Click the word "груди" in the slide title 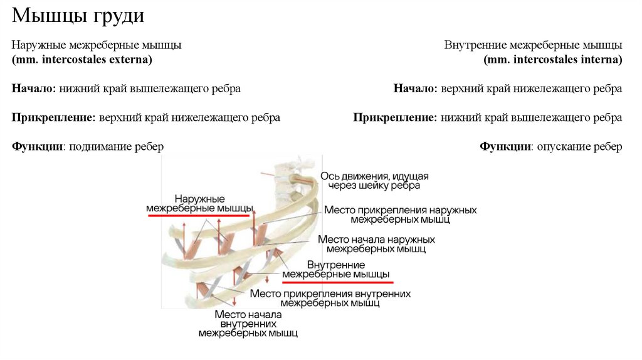[x=120, y=16]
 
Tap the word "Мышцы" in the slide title [x=51, y=16]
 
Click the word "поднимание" [x=99, y=147]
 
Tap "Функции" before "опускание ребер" [x=506, y=147]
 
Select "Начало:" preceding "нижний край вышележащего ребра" [x=34, y=89]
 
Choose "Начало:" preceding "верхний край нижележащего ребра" [x=416, y=89]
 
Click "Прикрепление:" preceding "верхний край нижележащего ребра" [x=53, y=118]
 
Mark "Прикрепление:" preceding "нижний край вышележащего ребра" [x=395, y=118]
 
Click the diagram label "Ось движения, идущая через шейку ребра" [x=374, y=180]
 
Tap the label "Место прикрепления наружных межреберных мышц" [x=400, y=214]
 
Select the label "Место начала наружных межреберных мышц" [x=376, y=244]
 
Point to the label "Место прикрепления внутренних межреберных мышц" [x=330, y=298]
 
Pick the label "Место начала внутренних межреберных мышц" [x=248, y=324]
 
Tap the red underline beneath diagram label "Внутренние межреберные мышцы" [x=338, y=283]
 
